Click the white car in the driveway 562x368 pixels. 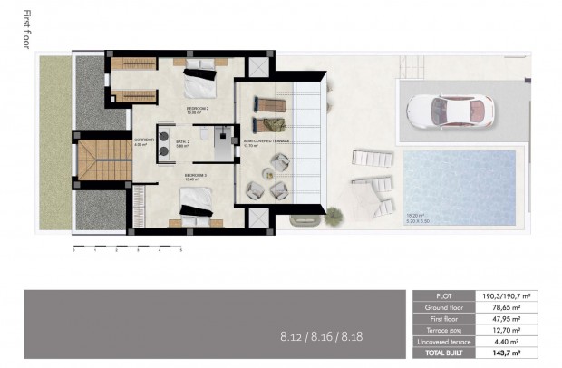pos(451,111)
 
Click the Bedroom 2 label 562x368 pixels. pos(197,110)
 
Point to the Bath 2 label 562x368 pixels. pos(182,142)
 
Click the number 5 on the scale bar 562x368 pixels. pos(181,250)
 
